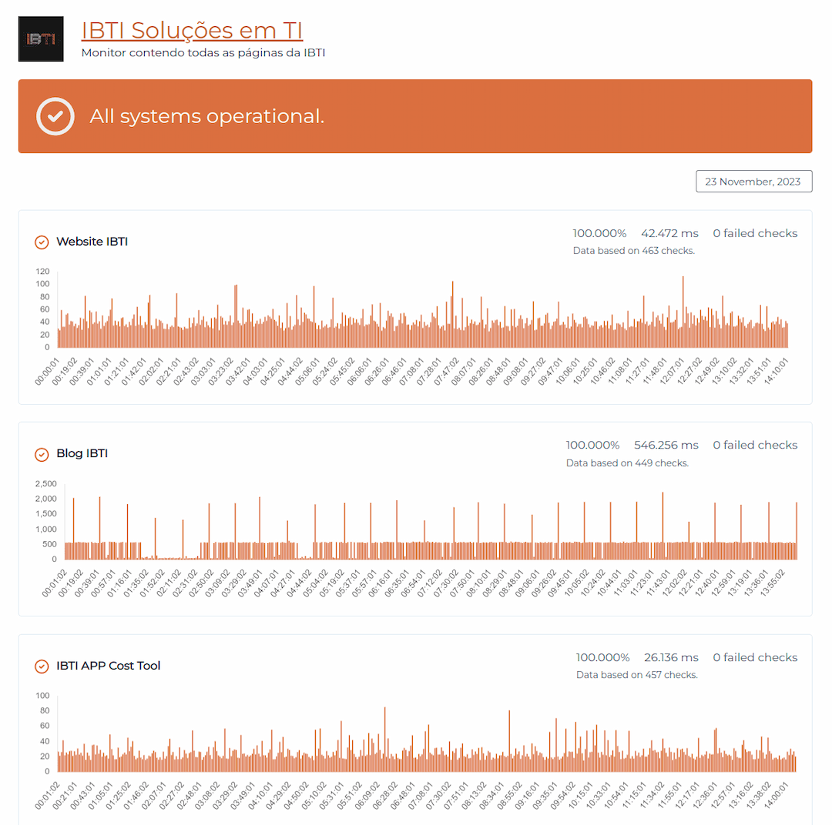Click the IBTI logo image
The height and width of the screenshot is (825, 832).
pos(41,38)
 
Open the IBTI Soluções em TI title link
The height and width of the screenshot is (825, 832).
pos(192,30)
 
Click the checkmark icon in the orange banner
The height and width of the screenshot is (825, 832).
pos(55,116)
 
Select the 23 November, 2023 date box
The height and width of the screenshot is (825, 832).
pos(753,182)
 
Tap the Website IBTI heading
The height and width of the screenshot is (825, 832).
pos(92,242)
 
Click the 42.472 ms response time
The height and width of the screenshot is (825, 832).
pos(669,233)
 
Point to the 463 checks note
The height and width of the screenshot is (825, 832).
pos(634,251)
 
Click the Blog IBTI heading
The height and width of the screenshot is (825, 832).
pos(82,453)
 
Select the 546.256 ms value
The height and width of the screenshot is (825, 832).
pos(666,445)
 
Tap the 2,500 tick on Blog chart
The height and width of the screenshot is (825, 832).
pos(46,483)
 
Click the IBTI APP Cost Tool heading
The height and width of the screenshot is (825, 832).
pos(108,666)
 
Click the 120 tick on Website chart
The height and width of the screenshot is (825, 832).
pos(42,272)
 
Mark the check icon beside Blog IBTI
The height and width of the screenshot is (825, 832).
pos(42,454)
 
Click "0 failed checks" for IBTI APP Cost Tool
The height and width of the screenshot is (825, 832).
pos(755,657)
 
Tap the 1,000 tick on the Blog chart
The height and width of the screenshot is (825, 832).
pos(46,529)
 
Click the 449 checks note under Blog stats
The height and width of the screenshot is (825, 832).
pos(627,463)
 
